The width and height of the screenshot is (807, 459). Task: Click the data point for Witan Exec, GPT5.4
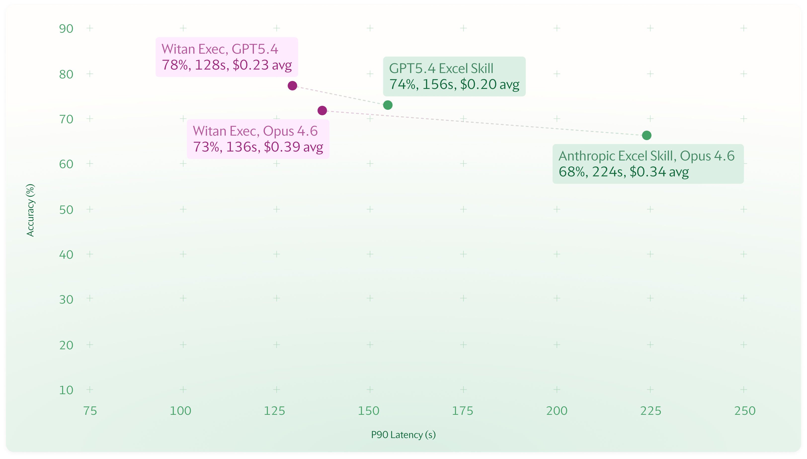292,85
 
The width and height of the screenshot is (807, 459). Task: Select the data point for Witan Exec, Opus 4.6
322,110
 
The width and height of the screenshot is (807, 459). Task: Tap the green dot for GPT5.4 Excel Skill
388,105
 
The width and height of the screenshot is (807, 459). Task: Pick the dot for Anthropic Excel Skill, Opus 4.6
646,135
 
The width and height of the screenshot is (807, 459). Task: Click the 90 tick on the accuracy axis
66,29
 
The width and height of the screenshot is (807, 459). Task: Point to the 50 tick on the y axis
66,210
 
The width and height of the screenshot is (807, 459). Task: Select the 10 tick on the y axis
66,390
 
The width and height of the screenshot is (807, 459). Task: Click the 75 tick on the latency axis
90,411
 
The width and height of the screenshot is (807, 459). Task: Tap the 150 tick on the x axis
368,411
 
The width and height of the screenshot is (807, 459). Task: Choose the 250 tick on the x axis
745,411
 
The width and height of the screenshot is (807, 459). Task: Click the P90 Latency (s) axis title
403,435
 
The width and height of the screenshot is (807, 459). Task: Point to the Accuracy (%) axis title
30,210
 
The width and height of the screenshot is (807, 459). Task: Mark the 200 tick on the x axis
557,411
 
